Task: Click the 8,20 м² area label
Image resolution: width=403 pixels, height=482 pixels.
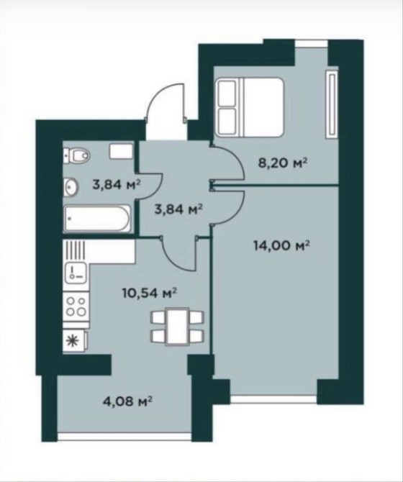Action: pyautogui.click(x=283, y=163)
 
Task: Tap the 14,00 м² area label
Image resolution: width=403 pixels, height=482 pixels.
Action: pyautogui.click(x=281, y=245)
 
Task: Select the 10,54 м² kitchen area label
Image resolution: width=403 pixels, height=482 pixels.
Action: pyautogui.click(x=149, y=293)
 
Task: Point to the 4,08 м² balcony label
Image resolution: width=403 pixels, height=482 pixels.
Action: pyautogui.click(x=127, y=401)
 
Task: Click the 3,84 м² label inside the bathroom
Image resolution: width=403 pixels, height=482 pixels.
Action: pyautogui.click(x=117, y=185)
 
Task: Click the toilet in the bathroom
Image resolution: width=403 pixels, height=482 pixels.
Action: pyautogui.click(x=76, y=155)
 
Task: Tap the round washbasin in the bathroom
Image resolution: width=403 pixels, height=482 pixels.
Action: pyautogui.click(x=71, y=187)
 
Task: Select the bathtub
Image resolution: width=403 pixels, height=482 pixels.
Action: pyautogui.click(x=97, y=219)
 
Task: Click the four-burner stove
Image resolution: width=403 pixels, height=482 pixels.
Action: pyautogui.click(x=76, y=306)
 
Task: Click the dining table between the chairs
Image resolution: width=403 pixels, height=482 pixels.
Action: pyautogui.click(x=177, y=326)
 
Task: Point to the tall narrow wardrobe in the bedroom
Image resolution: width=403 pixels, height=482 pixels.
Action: pyautogui.click(x=332, y=103)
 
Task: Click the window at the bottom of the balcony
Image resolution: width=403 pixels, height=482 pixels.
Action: pyautogui.click(x=124, y=437)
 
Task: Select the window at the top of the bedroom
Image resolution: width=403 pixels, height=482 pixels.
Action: pyautogui.click(x=312, y=43)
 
